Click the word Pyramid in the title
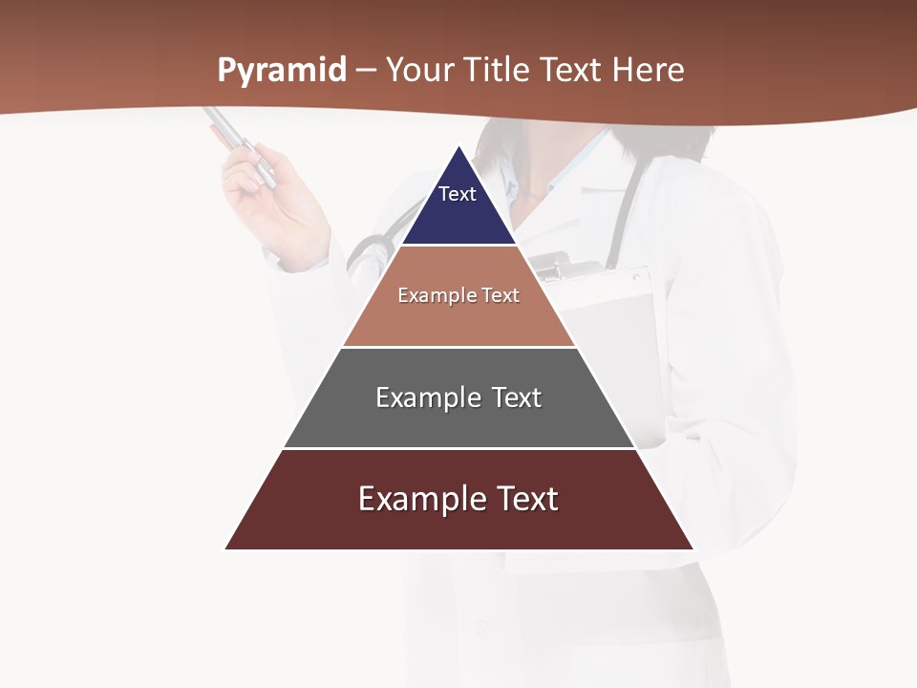coord(281,71)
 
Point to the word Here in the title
coord(648,70)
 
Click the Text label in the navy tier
coord(457,194)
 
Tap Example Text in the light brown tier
coord(458,295)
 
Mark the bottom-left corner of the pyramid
coord(226,548)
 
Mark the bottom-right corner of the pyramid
coord(693,548)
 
